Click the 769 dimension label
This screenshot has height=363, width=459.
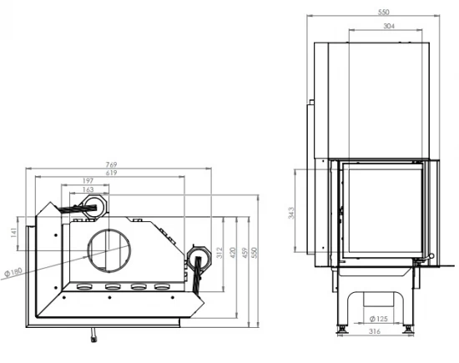pyautogui.click(x=112, y=164)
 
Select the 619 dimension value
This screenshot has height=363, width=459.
pyautogui.click(x=112, y=173)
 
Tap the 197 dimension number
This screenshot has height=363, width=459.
pyautogui.click(x=88, y=181)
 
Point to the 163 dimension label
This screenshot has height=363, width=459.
pyautogui.click(x=88, y=189)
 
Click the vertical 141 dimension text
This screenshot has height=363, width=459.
pyautogui.click(x=13, y=233)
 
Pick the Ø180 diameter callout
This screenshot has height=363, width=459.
pyautogui.click(x=13, y=273)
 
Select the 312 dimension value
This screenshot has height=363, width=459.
pyautogui.click(x=219, y=253)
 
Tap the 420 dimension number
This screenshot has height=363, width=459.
pyautogui.click(x=233, y=253)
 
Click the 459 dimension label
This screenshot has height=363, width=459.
pyautogui.click(x=245, y=253)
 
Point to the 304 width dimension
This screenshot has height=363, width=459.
pyautogui.click(x=389, y=26)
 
